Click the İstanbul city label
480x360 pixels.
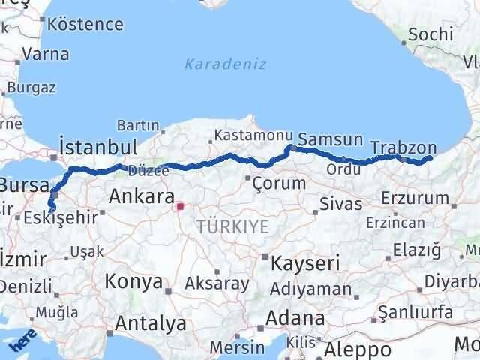pyautogui.click(x=97, y=146)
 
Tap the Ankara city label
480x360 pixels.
pyautogui.click(x=142, y=197)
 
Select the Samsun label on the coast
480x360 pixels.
pyautogui.click(x=330, y=140)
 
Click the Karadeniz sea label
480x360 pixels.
pyautogui.click(x=225, y=64)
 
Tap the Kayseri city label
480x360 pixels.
pyautogui.click(x=305, y=262)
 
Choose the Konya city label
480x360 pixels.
pyautogui.click(x=134, y=281)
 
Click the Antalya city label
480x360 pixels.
pyautogui.click(x=151, y=324)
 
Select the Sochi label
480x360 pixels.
pyautogui.click(x=431, y=34)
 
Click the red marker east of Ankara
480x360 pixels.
pyautogui.click(x=180, y=204)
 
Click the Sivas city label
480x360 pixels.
pyautogui.click(x=340, y=203)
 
